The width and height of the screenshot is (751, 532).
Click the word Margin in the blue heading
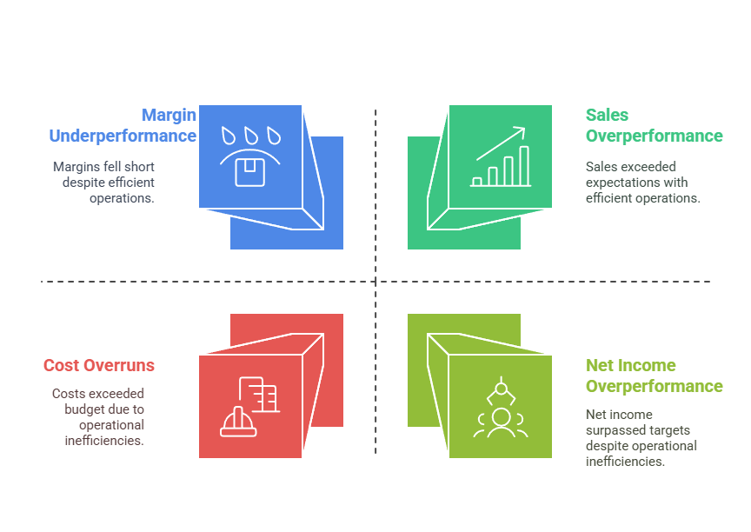pyautogui.click(x=169, y=115)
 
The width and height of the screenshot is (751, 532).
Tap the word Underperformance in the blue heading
pyautogui.click(x=123, y=136)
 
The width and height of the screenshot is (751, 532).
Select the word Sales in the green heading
pyautogui.click(x=607, y=115)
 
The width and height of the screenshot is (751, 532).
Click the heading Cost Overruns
pyautogui.click(x=99, y=365)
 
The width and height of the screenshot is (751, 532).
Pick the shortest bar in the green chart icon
pyautogui.click(x=477, y=182)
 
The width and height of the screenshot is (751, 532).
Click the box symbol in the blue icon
pyautogui.click(x=250, y=171)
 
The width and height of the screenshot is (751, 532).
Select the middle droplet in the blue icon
pyautogui.click(x=250, y=136)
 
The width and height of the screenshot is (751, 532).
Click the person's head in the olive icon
pyautogui.click(x=501, y=416)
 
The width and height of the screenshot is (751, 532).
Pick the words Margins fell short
pyautogui.click(x=103, y=166)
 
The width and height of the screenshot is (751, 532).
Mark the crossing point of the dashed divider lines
pyautogui.click(x=375, y=282)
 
